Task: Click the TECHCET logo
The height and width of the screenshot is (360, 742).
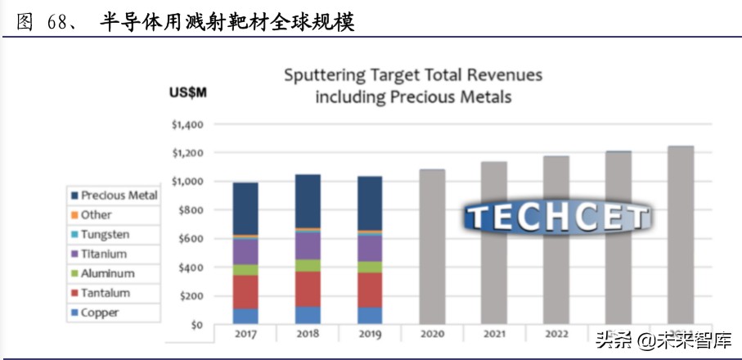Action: click(x=557, y=216)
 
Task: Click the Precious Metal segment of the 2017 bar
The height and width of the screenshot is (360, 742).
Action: click(x=245, y=208)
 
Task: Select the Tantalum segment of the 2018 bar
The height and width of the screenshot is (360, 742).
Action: click(x=308, y=289)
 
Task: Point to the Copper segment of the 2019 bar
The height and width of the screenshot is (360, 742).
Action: click(x=370, y=315)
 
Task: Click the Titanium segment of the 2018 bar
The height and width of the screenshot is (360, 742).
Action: click(x=308, y=245)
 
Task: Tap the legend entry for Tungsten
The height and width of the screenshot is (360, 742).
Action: click(x=105, y=234)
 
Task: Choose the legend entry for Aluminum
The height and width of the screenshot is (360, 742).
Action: click(x=106, y=273)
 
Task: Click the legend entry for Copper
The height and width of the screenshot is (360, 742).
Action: click(x=99, y=313)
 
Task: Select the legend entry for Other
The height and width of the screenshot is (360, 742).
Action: click(x=96, y=214)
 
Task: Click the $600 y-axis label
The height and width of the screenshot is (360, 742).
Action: click(x=191, y=239)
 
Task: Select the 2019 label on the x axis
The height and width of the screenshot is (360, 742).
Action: click(x=370, y=335)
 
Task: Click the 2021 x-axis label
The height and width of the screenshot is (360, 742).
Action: click(x=494, y=335)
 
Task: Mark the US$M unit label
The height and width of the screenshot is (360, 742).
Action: click(x=188, y=92)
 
